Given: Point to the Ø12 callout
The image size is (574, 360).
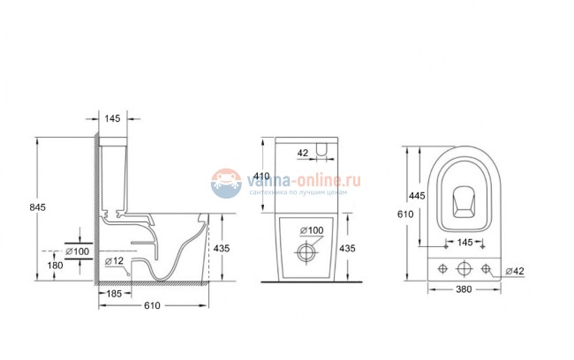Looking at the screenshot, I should coord(113,261).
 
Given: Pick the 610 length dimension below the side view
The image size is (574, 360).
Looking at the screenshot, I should coord(151,305).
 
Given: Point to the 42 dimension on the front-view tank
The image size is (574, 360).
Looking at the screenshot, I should coord(303,153).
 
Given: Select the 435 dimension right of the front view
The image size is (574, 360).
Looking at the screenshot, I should coord(348,250).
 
